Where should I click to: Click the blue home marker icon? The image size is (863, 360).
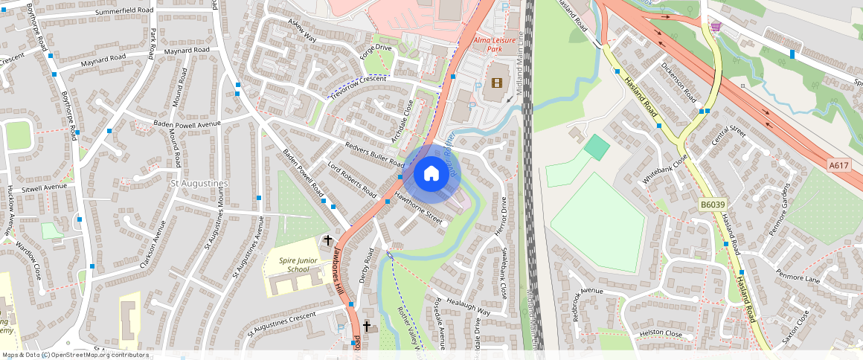(431, 174)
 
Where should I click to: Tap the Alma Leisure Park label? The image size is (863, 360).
(490, 42)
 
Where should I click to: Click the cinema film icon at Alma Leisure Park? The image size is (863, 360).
(497, 83)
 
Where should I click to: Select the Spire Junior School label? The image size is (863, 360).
(293, 265)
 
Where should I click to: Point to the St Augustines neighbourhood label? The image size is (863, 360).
(199, 183)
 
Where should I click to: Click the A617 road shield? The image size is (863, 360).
(838, 165)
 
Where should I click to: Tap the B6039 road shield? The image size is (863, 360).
(712, 205)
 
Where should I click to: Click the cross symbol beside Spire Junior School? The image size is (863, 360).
(328, 240)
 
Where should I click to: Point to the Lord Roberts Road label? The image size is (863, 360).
(352, 179)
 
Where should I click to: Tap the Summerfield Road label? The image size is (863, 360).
(124, 11)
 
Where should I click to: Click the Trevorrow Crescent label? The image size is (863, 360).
(359, 86)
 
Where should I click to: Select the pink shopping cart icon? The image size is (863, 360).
(716, 27)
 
